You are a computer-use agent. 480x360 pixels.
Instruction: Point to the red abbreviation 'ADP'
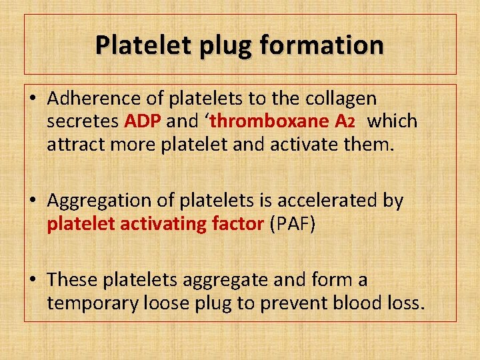143,121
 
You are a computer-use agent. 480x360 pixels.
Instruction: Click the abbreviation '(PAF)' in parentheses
293,223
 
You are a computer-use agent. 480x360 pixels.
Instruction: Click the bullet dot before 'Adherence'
33,99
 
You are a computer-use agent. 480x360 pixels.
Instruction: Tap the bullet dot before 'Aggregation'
33,201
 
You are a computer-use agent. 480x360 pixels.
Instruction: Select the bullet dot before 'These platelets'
33,281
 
